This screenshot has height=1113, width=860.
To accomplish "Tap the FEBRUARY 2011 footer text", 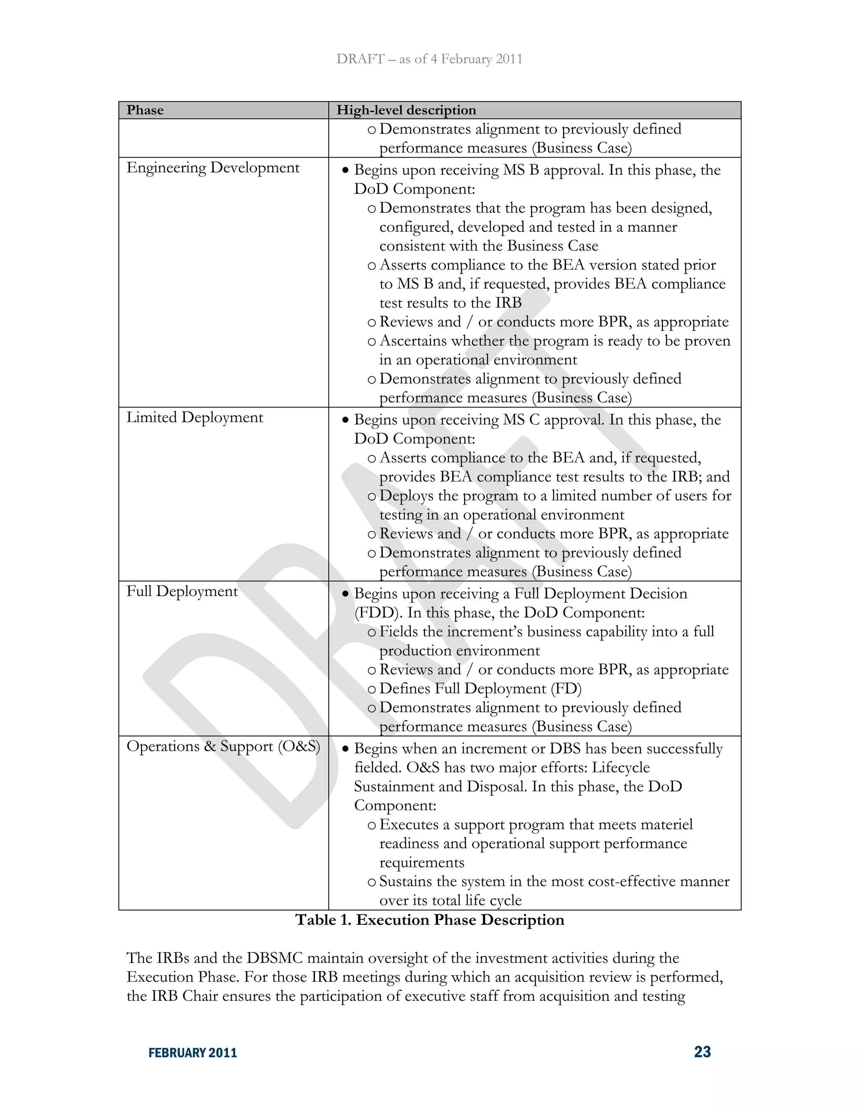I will coord(193,1053).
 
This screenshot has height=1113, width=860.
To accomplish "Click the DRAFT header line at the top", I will coord(429,59).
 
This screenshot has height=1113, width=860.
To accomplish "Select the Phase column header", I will coord(145,110).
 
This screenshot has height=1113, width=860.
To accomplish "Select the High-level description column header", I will coord(406,110).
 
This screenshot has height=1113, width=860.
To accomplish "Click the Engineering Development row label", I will coord(213,168).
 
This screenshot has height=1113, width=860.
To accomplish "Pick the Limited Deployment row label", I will coord(194,417).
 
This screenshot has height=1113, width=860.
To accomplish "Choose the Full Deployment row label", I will coord(182,591).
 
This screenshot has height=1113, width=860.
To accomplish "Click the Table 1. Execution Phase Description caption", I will coord(430,920).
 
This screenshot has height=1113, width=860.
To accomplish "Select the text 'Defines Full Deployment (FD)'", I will coord(480,688).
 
